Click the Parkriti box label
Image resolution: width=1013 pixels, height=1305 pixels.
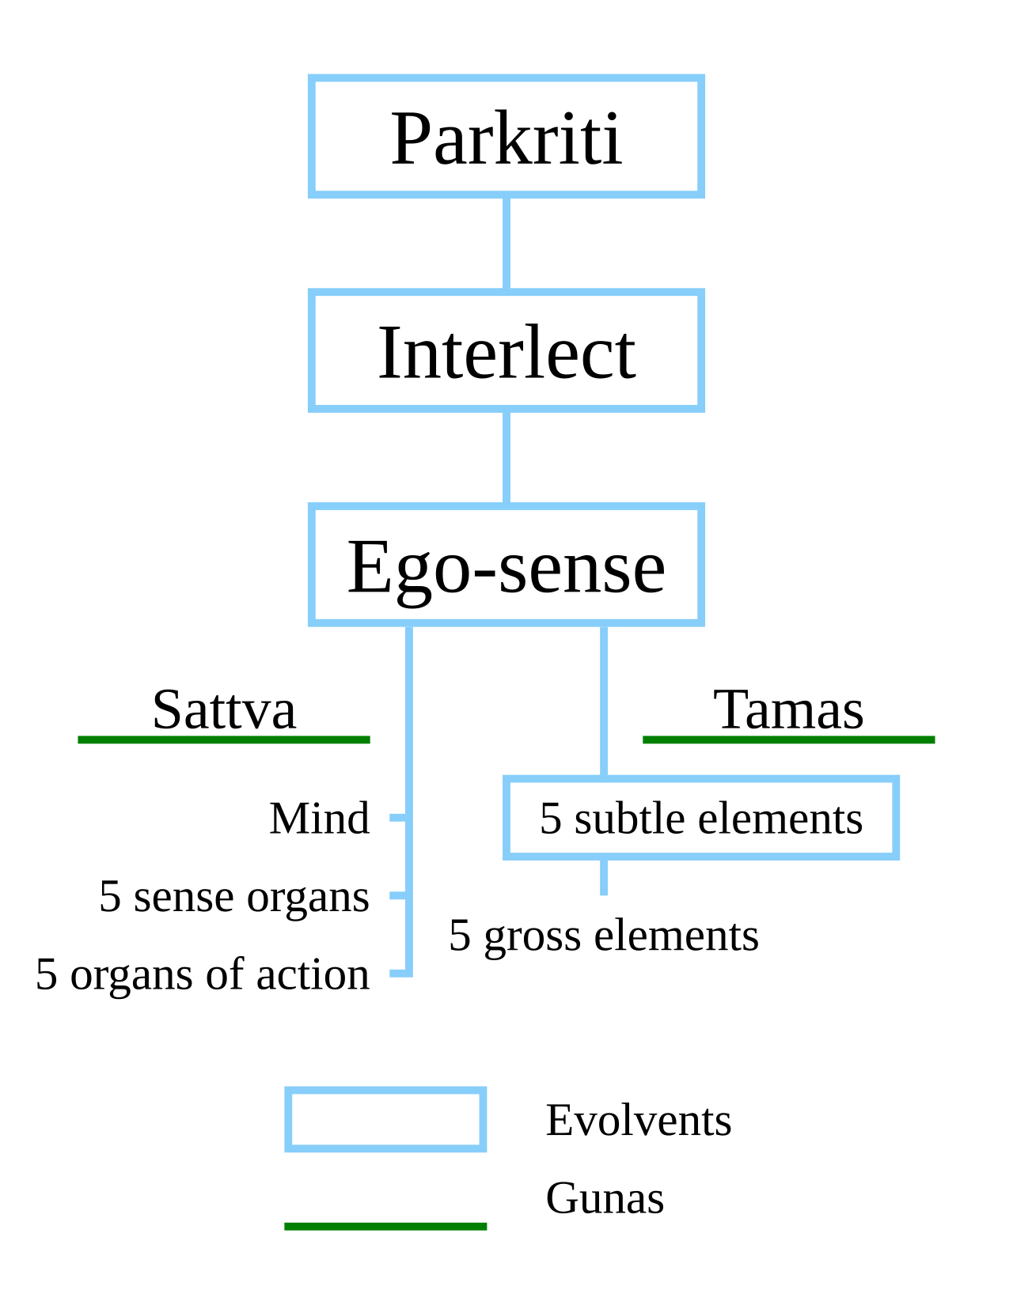(506, 138)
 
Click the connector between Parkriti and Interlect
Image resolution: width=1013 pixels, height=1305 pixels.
(506, 244)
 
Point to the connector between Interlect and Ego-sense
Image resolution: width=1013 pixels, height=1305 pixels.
(506, 458)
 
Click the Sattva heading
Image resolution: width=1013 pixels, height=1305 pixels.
(224, 710)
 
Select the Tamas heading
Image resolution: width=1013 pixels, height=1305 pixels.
(788, 710)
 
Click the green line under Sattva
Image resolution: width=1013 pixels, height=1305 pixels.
(223, 739)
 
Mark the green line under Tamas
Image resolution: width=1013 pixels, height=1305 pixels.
(788, 739)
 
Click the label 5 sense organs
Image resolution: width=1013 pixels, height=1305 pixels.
(234, 897)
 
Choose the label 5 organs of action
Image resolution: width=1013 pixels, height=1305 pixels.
(203, 974)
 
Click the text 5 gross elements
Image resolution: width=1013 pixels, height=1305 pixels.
(603, 936)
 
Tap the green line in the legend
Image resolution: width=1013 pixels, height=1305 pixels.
(385, 1227)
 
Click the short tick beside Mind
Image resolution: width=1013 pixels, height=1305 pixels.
(397, 818)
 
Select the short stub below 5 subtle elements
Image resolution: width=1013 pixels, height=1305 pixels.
(603, 877)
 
